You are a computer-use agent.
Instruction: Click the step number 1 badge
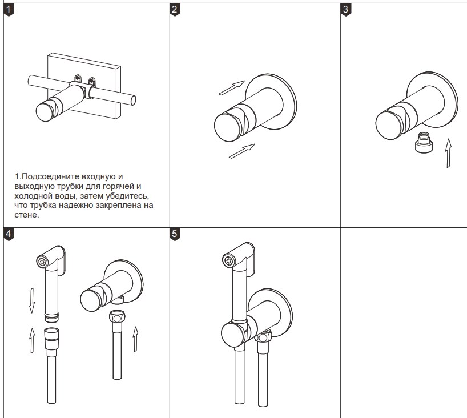tap(8, 10)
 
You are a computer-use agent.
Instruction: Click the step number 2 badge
tap(176, 10)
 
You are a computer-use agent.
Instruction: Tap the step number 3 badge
tap(346, 10)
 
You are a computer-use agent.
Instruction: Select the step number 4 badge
tap(8, 233)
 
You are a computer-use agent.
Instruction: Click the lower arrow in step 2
tap(241, 151)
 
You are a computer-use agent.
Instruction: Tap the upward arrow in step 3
tap(449, 153)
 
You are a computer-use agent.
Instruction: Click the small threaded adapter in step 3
tap(424, 143)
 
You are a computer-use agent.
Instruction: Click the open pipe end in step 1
tap(133, 101)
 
